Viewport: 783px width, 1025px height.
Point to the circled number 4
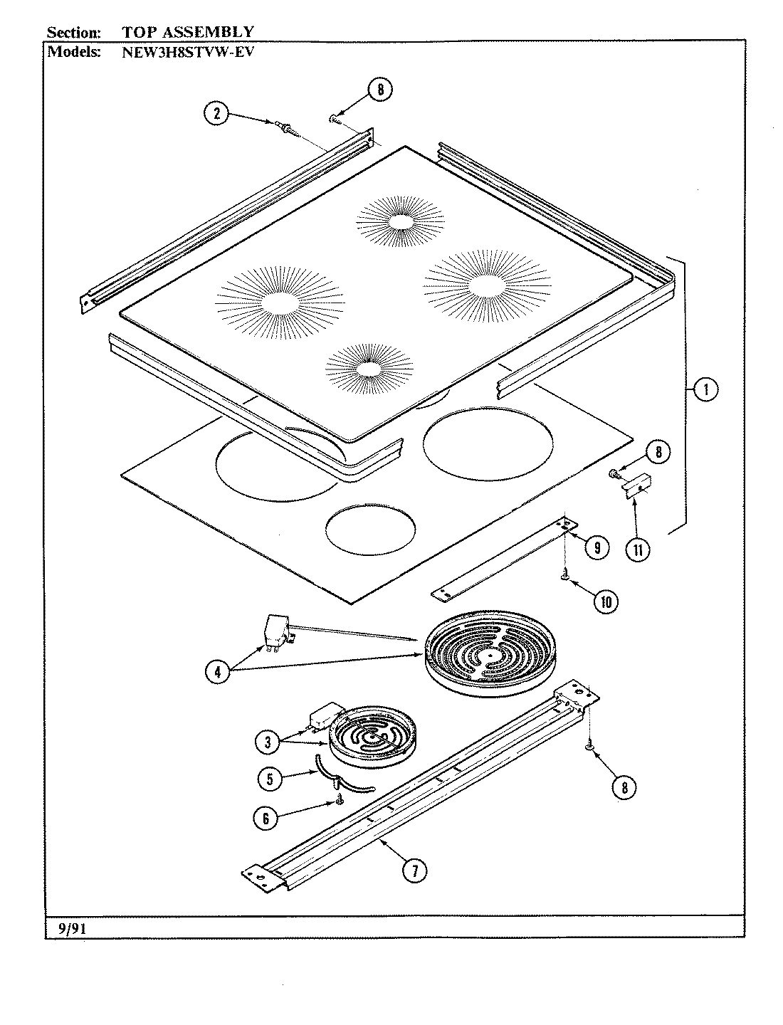pyautogui.click(x=218, y=672)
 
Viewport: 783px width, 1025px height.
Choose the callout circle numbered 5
pyautogui.click(x=269, y=779)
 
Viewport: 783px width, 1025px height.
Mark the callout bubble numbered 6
pyautogui.click(x=266, y=819)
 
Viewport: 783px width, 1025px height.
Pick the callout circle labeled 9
pyautogui.click(x=597, y=547)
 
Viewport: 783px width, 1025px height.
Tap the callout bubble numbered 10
pyautogui.click(x=606, y=601)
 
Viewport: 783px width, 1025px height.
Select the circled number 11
pyautogui.click(x=638, y=550)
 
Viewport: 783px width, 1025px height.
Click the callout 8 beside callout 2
pyautogui.click(x=380, y=90)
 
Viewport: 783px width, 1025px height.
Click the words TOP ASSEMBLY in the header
pyautogui.click(x=188, y=32)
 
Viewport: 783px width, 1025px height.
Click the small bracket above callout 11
pyautogui.click(x=636, y=485)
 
